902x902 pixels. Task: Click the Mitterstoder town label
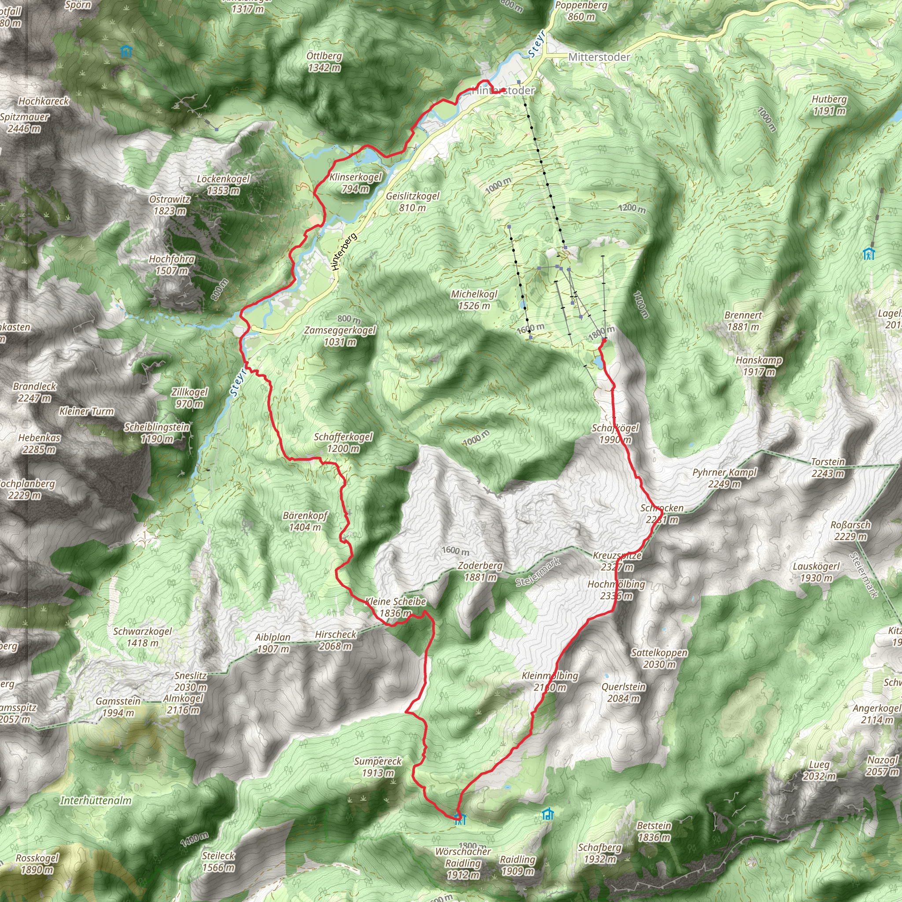click(x=599, y=57)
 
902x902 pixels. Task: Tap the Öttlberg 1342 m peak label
click(x=324, y=62)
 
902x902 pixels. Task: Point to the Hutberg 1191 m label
click(x=829, y=105)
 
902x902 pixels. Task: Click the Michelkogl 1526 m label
click(x=474, y=300)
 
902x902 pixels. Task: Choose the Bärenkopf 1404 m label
click(x=305, y=521)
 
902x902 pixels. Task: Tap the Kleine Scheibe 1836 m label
click(x=396, y=607)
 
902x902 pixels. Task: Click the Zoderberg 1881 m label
click(x=480, y=571)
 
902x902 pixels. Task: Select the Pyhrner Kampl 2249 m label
click(x=724, y=478)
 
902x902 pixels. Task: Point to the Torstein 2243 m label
click(x=828, y=467)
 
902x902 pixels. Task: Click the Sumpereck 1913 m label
click(x=378, y=767)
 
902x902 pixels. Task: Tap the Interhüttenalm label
click(x=96, y=801)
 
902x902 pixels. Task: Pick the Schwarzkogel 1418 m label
click(x=142, y=637)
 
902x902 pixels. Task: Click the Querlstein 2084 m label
click(x=623, y=692)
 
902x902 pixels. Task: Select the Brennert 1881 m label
click(x=743, y=321)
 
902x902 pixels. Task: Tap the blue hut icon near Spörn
click(x=125, y=51)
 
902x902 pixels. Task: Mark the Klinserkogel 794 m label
click(x=355, y=182)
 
